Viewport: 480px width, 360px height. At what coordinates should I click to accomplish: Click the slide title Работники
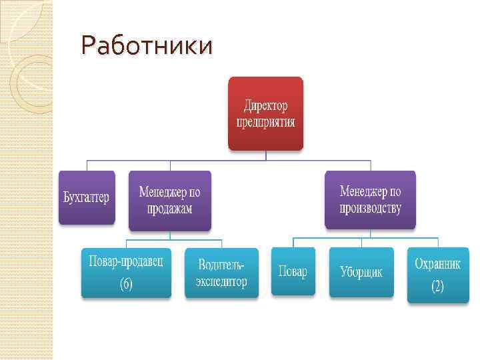(147, 47)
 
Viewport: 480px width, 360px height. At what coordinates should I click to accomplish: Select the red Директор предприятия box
(265, 113)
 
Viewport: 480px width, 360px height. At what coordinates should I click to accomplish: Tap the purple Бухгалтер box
(87, 197)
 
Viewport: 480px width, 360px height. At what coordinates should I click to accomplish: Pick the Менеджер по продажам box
(169, 200)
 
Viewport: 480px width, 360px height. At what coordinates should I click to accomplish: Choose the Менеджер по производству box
(370, 199)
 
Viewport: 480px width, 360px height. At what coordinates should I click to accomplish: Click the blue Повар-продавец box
(126, 272)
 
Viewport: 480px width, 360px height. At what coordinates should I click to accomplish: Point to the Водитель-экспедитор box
(221, 272)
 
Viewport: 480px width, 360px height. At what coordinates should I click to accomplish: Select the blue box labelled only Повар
(293, 272)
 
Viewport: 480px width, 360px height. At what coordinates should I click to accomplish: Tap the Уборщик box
(361, 272)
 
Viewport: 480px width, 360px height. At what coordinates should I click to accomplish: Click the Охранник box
(438, 275)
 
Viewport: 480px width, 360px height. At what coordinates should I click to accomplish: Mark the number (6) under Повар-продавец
(126, 284)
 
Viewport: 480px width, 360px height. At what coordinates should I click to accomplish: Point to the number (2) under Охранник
(437, 287)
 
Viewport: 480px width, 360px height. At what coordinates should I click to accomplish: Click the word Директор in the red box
(265, 105)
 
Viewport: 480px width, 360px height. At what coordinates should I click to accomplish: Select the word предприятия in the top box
(265, 122)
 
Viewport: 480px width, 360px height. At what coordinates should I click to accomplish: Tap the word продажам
(169, 209)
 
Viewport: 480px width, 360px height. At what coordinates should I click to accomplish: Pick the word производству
(370, 208)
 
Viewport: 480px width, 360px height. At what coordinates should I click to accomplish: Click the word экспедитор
(221, 281)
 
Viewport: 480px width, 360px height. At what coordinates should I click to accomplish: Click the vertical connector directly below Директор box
(265, 155)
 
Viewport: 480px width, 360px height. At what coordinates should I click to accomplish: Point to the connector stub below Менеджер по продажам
(169, 235)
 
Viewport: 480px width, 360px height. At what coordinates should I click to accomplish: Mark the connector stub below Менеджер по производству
(370, 233)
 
